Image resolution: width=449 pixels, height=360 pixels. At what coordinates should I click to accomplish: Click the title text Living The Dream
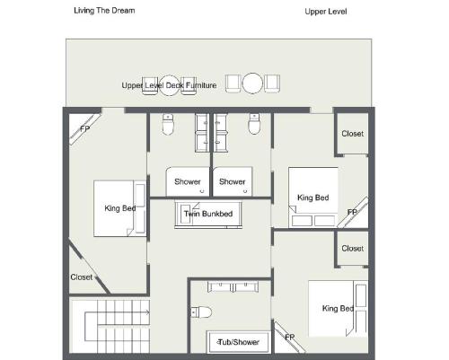[x=104, y=11]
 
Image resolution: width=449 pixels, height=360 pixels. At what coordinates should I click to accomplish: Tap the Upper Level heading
[x=326, y=12]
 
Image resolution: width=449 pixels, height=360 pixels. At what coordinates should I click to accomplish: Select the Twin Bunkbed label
[x=208, y=214]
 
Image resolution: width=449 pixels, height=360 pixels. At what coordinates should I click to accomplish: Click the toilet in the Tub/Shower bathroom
[x=201, y=312]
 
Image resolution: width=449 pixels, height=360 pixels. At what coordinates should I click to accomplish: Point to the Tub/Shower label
[x=239, y=342]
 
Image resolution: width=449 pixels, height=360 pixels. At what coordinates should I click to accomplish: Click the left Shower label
[x=188, y=181]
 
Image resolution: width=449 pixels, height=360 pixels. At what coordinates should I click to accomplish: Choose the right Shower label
[x=232, y=181]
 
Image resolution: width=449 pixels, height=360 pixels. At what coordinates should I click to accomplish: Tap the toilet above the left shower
[x=168, y=124]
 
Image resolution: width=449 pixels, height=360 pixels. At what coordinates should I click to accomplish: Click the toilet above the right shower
[x=254, y=124]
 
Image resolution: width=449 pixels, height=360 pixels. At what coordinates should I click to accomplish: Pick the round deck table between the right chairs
[x=252, y=83]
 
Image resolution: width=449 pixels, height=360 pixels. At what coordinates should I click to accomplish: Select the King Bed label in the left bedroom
[x=120, y=208]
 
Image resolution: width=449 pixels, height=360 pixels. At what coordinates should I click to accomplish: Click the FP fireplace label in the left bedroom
[x=85, y=129]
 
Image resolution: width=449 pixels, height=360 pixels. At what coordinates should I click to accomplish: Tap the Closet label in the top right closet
[x=353, y=134]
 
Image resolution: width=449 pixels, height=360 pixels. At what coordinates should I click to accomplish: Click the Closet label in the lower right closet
[x=353, y=249]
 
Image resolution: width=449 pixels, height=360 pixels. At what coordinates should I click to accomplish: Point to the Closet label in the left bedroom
[x=82, y=277]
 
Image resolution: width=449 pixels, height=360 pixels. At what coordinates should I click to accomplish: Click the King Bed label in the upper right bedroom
[x=313, y=198]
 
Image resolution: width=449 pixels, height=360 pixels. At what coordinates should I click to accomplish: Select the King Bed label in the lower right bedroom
[x=338, y=309]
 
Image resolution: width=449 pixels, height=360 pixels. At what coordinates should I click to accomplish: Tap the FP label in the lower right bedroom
[x=290, y=338]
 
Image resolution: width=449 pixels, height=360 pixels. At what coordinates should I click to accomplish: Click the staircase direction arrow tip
[x=149, y=312]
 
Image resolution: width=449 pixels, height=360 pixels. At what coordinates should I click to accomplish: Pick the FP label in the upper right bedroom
[x=352, y=212]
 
